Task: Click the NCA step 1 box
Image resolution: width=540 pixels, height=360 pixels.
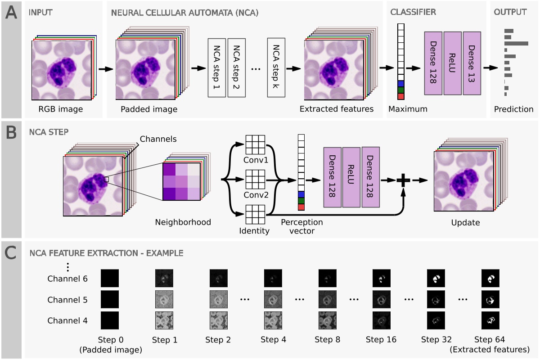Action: pos(217,67)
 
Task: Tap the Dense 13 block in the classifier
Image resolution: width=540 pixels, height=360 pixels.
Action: pos(472,63)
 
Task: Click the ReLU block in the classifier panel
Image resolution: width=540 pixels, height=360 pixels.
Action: pos(452,63)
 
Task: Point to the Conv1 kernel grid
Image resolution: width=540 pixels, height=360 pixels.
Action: pos(255,145)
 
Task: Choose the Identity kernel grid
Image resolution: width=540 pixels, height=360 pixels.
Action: pos(255,214)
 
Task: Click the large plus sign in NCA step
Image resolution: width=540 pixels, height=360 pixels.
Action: pos(403,180)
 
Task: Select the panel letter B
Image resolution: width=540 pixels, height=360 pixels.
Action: pos(10,131)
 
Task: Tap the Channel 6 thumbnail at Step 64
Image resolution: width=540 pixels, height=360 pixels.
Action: pos(490,279)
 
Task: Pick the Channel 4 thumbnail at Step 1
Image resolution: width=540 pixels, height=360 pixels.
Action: pos(164,321)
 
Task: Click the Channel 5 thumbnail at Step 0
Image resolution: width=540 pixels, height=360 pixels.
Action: pos(109,300)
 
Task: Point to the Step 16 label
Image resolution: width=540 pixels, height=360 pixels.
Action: pos(381,339)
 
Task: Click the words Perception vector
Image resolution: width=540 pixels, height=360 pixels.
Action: pos(301,226)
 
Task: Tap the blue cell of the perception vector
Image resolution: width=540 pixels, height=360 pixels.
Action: pos(301,194)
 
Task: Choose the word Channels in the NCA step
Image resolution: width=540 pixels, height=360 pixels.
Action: pos(158,139)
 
